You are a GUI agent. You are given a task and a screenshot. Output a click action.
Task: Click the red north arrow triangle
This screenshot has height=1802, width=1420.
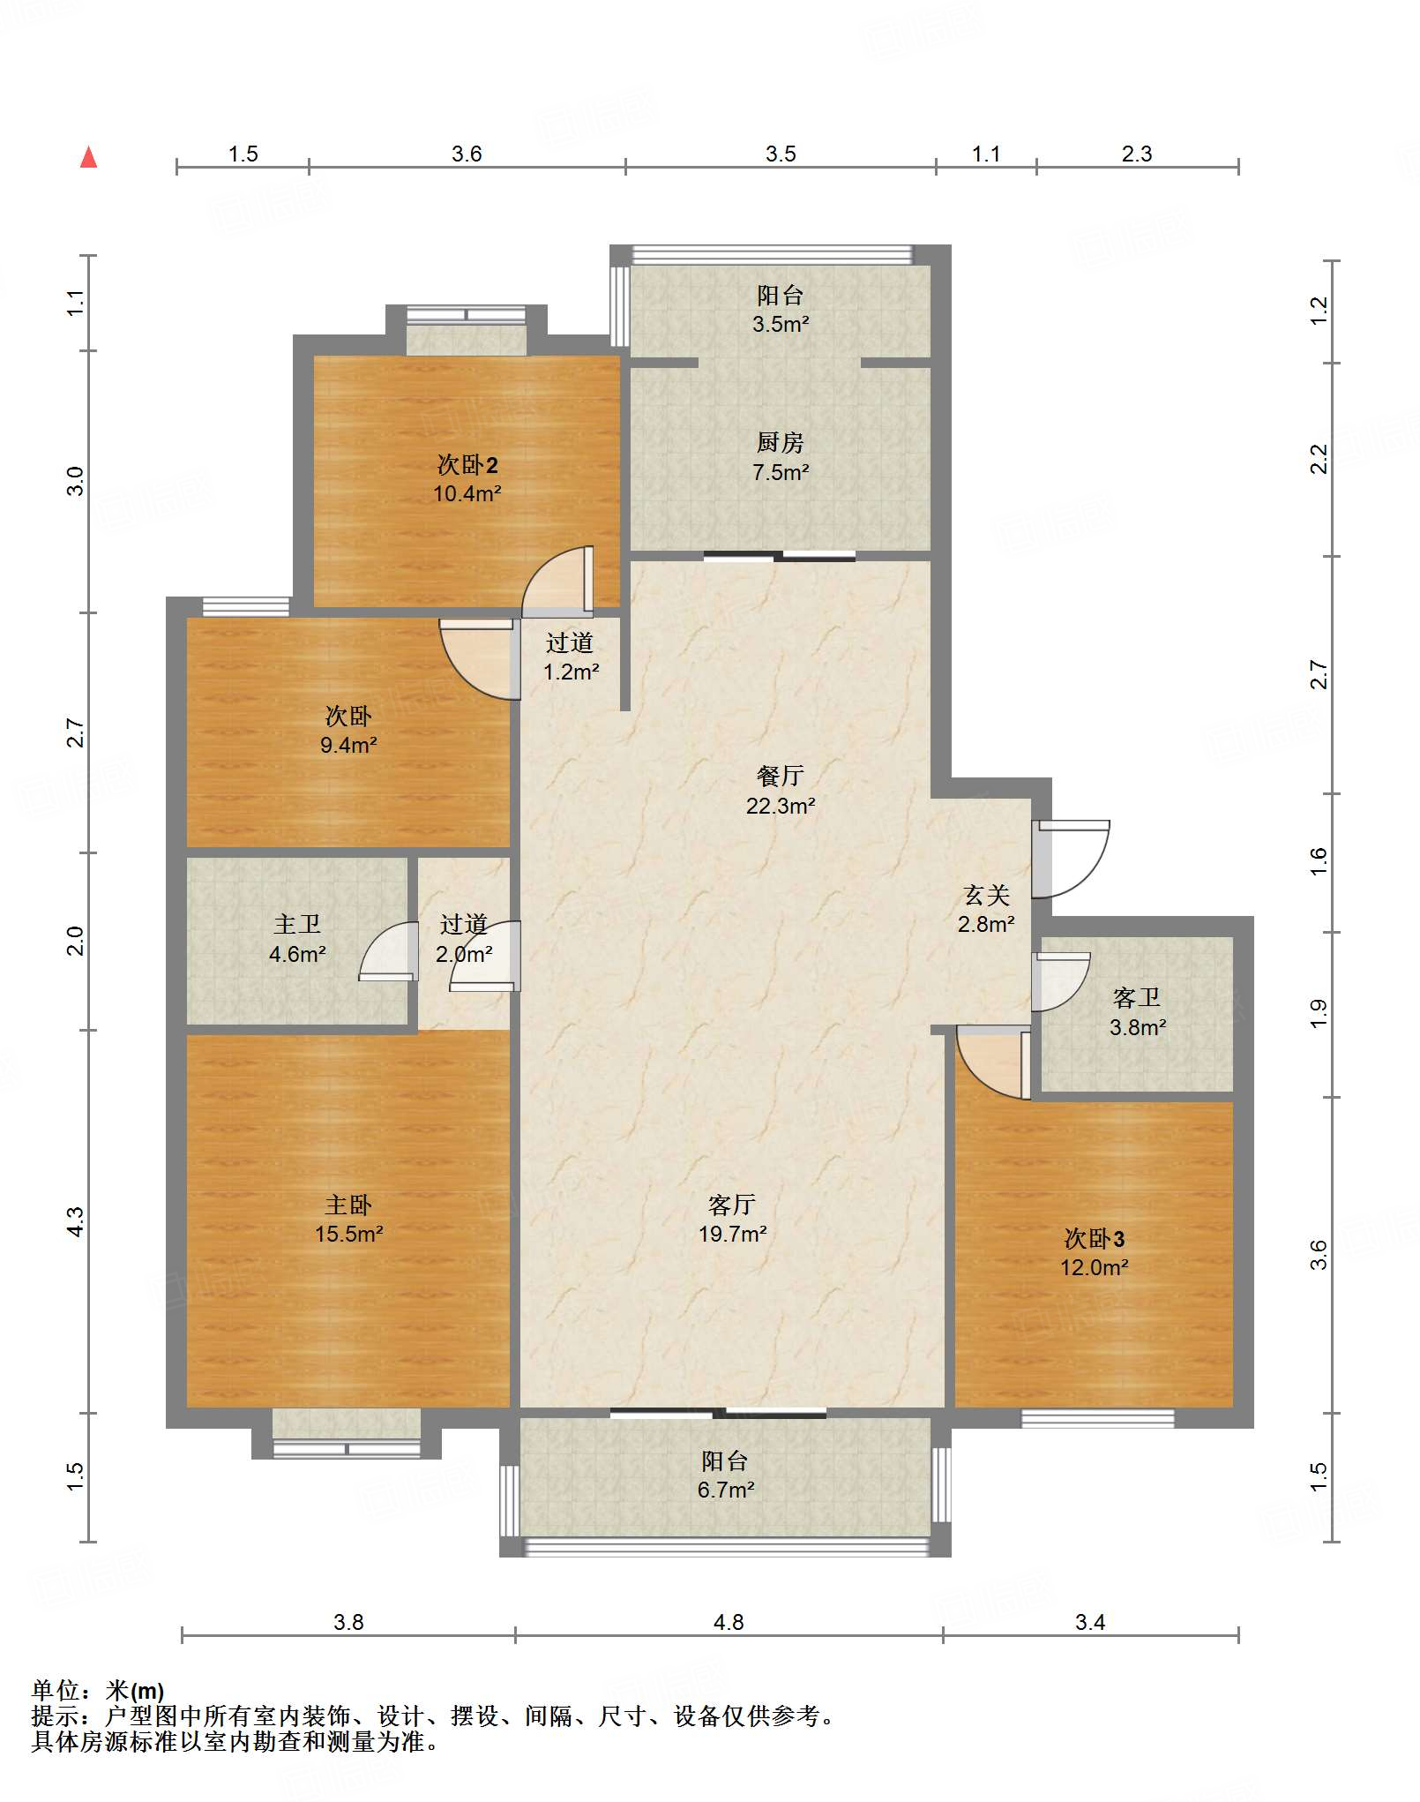(88, 157)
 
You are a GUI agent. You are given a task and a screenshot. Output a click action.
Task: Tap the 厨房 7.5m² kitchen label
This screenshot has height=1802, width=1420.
(781, 457)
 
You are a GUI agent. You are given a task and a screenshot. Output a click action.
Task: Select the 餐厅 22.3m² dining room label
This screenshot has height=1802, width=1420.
(781, 790)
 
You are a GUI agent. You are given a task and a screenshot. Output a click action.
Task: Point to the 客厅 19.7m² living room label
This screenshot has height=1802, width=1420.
(732, 1219)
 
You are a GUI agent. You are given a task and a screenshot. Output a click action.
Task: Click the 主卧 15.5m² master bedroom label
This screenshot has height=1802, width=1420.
(348, 1219)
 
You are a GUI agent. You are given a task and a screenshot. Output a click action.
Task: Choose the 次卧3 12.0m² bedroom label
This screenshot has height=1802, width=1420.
(1095, 1252)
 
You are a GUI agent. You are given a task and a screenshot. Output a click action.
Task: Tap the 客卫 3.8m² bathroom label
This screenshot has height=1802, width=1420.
(1138, 1012)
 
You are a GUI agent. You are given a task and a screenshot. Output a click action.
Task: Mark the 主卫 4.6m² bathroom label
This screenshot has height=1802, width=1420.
(297, 939)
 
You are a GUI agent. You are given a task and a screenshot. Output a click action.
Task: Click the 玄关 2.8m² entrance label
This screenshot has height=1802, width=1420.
(986, 909)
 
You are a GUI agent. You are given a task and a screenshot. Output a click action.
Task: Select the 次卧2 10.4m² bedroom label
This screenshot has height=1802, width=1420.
(467, 478)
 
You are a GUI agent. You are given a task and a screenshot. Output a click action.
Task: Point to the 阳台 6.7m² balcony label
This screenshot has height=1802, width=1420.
(725, 1475)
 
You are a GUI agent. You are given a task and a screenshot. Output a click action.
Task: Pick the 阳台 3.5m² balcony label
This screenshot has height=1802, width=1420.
(781, 309)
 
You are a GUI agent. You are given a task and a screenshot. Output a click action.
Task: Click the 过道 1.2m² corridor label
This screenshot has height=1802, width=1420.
(571, 657)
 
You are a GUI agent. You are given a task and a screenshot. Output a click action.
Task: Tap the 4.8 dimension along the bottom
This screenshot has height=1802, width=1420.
(729, 1622)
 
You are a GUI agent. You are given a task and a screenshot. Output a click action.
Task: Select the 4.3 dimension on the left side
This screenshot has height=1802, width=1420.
(75, 1221)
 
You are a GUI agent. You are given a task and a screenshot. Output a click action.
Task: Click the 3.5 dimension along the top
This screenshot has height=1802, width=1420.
(781, 154)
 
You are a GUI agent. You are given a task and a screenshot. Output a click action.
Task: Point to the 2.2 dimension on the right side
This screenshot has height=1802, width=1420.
(1319, 459)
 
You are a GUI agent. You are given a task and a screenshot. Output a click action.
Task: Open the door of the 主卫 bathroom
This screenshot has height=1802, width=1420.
(389, 951)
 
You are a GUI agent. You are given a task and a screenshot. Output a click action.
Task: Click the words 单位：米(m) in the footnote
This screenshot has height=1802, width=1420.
(98, 1691)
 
